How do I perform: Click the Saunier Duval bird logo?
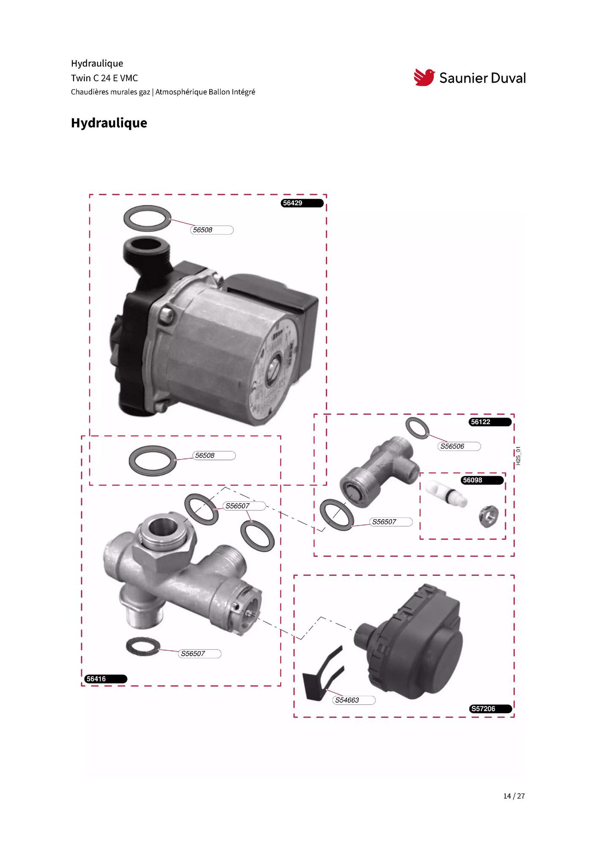coord(424,77)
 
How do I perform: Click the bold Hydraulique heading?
coord(109,123)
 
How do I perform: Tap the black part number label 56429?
coord(302,203)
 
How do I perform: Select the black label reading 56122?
coord(490,422)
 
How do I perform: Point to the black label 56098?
coord(482,480)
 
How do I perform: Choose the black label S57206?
coord(491,709)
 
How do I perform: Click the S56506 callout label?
coord(459,446)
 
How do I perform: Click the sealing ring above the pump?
coord(148,219)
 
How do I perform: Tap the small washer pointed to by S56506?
coord(418,428)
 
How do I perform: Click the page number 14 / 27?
coord(514,796)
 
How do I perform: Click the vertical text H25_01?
coord(519,456)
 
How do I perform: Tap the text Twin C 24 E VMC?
coord(104,78)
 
